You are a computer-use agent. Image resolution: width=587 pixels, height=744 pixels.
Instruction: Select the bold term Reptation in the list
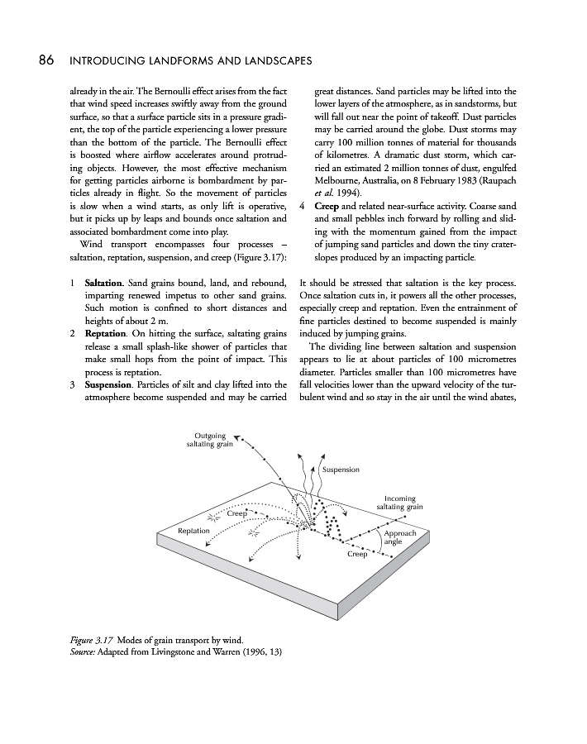pyautogui.click(x=105, y=334)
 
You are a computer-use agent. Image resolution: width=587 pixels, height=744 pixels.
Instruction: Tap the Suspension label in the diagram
pyautogui.click(x=341, y=470)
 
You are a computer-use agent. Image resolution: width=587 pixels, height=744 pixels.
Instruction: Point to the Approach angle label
pyautogui.click(x=400, y=537)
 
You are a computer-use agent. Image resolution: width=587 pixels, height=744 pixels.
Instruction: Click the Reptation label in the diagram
pyautogui.click(x=194, y=530)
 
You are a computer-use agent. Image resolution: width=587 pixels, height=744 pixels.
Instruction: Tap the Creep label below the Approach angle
pyautogui.click(x=356, y=554)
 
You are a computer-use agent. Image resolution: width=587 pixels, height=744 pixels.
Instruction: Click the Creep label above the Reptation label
pyautogui.click(x=237, y=514)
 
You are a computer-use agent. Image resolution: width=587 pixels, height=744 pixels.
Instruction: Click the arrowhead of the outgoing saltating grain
pyautogui.click(x=237, y=438)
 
